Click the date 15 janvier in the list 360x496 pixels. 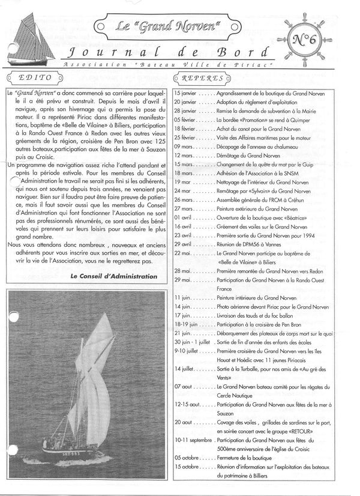coord(185,94)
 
